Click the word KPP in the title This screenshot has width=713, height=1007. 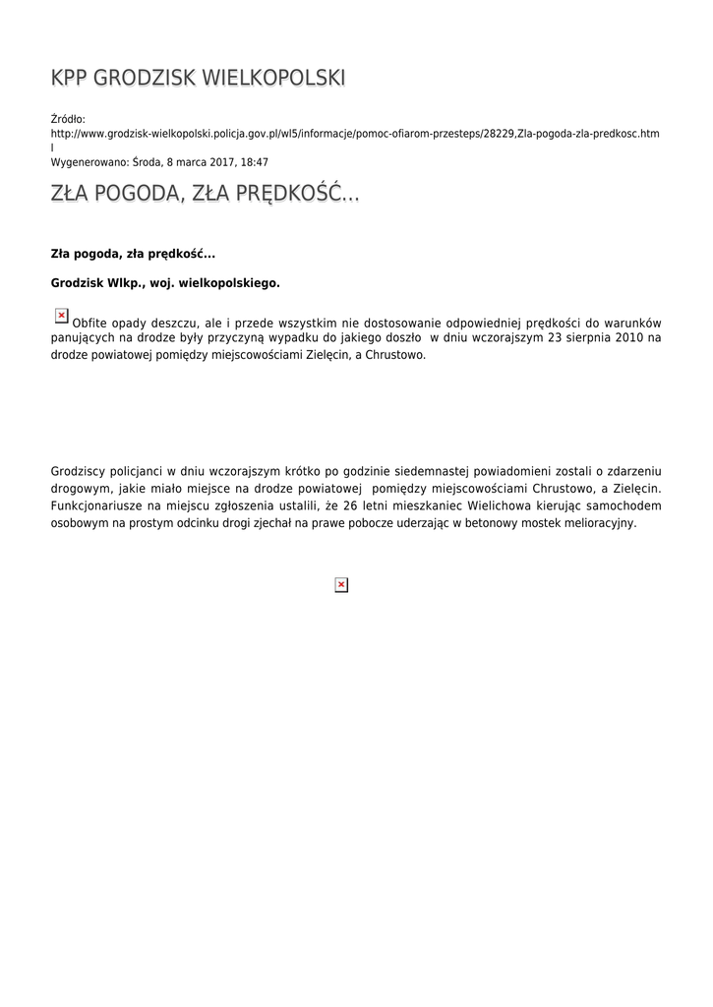71,79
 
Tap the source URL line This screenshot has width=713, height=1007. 354,133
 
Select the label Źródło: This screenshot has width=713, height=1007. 68,119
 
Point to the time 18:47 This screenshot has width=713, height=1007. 255,162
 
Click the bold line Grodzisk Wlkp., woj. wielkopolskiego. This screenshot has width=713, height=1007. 165,283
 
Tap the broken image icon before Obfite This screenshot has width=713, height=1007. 61,316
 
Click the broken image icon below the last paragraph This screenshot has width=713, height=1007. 341,585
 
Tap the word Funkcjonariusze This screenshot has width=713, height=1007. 96,505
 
